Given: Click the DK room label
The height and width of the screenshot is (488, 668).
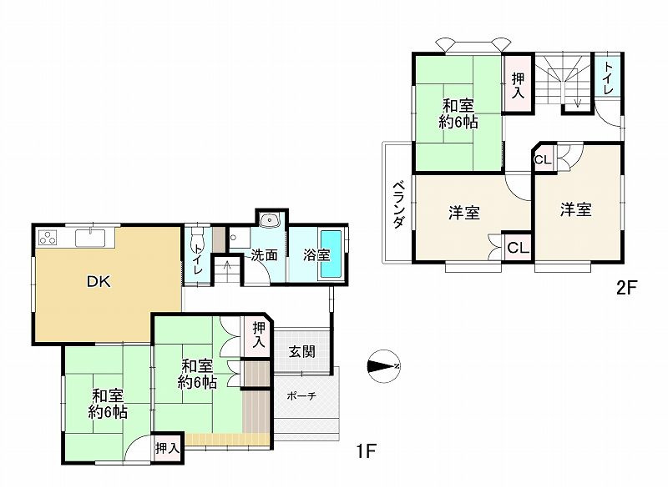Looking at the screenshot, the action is (99, 281).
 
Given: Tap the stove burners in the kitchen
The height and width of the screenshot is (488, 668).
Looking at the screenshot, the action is (48, 237).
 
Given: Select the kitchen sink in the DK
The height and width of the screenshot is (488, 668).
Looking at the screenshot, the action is (90, 238).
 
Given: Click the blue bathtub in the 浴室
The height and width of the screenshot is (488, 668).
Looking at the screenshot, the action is (331, 254).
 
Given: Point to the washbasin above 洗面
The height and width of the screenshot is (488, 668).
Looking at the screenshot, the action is (270, 220).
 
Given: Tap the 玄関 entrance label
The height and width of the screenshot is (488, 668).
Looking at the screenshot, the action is (302, 351).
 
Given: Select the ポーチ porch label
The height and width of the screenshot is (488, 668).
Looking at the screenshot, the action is (301, 396).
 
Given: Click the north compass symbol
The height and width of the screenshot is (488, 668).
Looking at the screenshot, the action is (383, 366).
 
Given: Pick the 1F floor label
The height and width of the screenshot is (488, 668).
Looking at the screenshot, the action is (366, 451).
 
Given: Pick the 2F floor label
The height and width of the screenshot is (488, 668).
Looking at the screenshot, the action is (626, 288).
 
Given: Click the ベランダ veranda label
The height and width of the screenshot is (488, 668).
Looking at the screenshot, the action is (398, 205).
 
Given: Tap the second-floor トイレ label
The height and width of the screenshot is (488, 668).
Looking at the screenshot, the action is (609, 78).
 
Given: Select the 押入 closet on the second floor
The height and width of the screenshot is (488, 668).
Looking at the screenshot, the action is (518, 85).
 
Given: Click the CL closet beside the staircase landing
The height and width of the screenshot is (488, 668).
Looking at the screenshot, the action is (544, 160).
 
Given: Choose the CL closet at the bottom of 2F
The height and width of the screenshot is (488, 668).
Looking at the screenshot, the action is (518, 247).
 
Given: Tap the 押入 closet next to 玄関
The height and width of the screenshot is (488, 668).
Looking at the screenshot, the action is (258, 335).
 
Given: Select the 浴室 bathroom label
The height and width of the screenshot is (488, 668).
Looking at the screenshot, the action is (317, 255).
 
